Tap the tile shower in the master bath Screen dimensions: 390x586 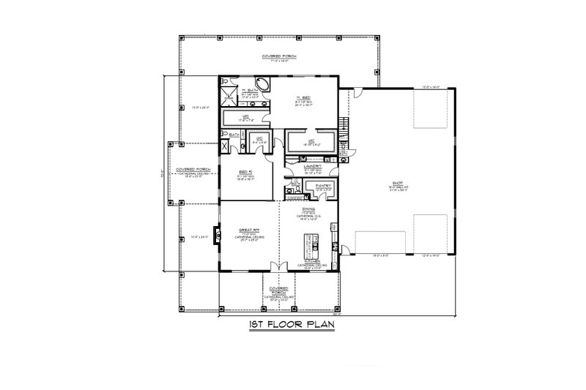[227, 95]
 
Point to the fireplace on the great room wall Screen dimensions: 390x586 [217, 236]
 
